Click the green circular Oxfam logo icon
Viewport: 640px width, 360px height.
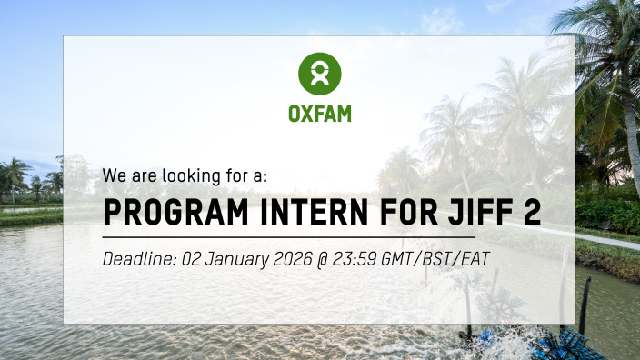[x=320, y=74]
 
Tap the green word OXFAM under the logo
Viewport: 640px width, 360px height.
[x=320, y=115]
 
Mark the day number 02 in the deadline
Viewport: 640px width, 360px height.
[x=194, y=259]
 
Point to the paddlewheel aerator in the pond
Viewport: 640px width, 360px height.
[x=502, y=305]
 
